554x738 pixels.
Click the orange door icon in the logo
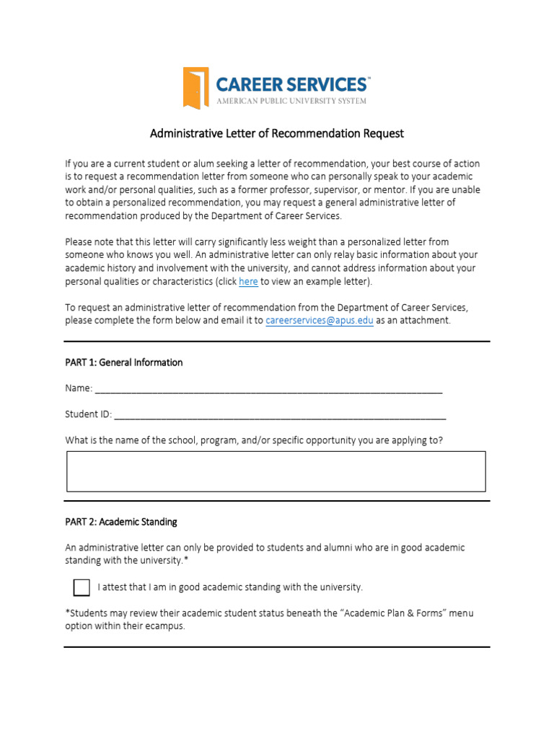[196, 88]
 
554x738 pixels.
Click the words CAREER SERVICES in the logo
[291, 84]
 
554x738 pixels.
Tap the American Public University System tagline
[291, 101]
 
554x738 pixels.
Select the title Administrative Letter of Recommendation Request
[276, 133]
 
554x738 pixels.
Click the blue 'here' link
[248, 281]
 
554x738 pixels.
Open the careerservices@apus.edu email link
[320, 321]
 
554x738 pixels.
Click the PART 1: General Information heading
[123, 363]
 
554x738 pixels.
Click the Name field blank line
[268, 389]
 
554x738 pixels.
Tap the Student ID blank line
[280, 415]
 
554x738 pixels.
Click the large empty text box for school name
[276, 471]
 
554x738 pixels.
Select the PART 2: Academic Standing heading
[120, 522]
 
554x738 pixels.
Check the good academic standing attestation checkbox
[82, 587]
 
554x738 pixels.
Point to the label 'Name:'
[79, 388]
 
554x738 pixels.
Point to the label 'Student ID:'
[88, 414]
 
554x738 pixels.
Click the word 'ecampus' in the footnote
[167, 626]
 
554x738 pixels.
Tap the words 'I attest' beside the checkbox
[113, 587]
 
